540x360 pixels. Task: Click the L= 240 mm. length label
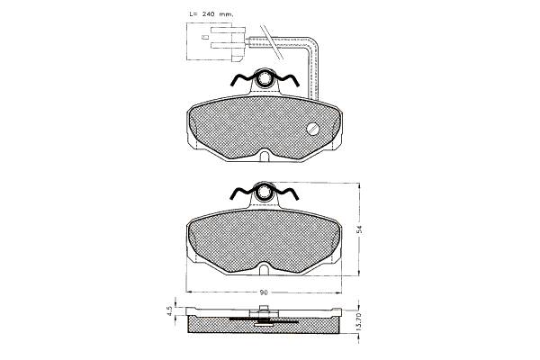[x=211, y=14]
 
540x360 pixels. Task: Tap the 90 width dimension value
[x=264, y=292]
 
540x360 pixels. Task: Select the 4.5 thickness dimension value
[x=169, y=311]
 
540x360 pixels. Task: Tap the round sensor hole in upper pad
[x=313, y=129]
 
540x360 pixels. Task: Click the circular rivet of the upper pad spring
[x=265, y=77]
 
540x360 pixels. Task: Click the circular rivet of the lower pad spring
[x=265, y=191]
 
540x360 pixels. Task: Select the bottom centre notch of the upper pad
[x=265, y=155]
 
